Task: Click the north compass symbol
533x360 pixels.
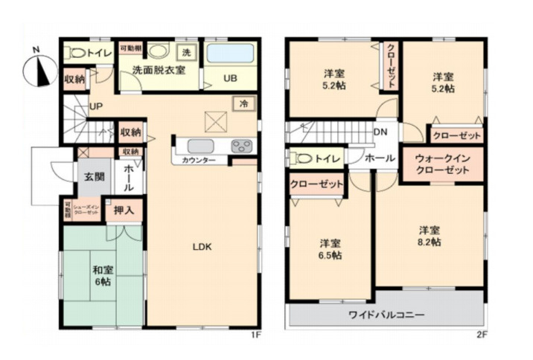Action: (x=38, y=70)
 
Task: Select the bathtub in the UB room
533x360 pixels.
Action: (x=229, y=54)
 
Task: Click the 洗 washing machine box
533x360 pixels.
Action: (x=186, y=52)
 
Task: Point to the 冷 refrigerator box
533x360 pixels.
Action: (x=243, y=104)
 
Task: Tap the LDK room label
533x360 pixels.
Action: (x=202, y=248)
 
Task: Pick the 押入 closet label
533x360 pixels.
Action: (x=124, y=210)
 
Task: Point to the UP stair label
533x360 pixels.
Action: (x=96, y=106)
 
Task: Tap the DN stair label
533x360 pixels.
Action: (x=380, y=132)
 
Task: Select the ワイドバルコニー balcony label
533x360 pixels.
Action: (x=386, y=315)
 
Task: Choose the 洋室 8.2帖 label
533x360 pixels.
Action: (x=428, y=236)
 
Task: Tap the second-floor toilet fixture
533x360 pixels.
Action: (x=303, y=158)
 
